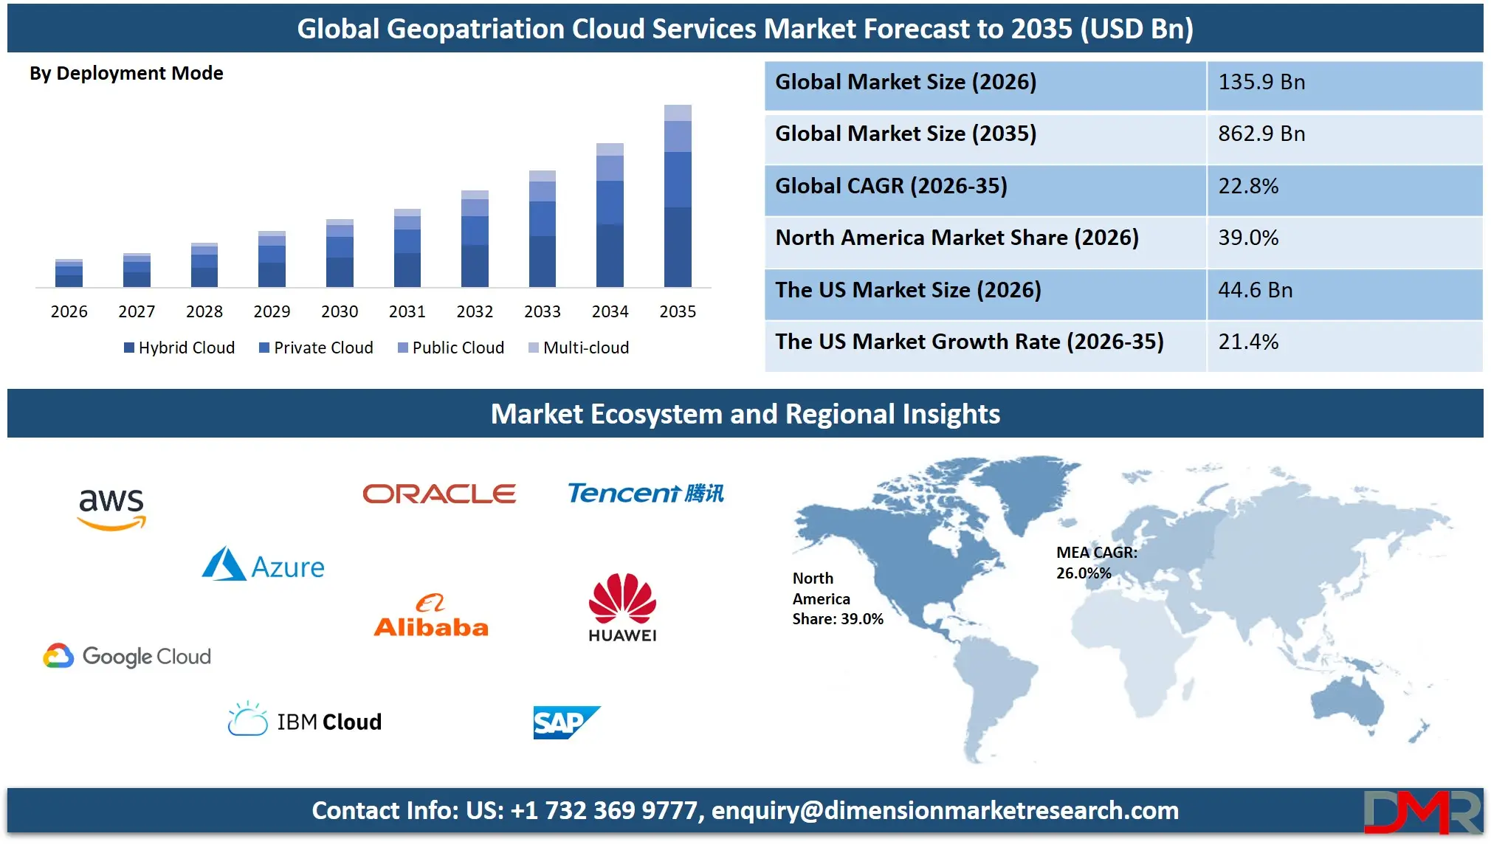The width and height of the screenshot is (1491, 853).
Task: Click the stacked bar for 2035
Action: click(x=678, y=196)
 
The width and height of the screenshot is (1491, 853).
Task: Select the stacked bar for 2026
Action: click(x=69, y=273)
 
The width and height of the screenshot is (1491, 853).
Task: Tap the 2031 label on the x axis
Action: click(x=407, y=311)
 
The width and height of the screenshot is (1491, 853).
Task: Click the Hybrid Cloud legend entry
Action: click(x=179, y=348)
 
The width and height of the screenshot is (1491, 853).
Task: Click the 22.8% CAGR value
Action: click(x=1248, y=186)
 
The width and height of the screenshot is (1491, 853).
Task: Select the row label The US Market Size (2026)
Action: click(x=908, y=290)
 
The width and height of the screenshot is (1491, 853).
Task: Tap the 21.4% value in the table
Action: click(x=1248, y=342)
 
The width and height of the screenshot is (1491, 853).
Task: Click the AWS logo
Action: click(x=111, y=508)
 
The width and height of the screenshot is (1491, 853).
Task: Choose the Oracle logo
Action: click(x=439, y=494)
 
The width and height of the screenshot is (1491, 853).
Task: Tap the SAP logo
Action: click(x=565, y=722)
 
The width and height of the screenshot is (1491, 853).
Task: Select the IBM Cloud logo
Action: click(x=305, y=720)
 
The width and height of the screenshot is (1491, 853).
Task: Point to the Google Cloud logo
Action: click(x=127, y=656)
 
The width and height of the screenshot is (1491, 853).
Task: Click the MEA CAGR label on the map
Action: click(x=1096, y=562)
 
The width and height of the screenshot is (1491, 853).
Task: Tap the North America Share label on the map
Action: click(x=837, y=598)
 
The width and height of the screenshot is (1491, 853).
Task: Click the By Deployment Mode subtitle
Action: click(x=126, y=73)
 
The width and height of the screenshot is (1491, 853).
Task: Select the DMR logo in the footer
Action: click(x=1422, y=812)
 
